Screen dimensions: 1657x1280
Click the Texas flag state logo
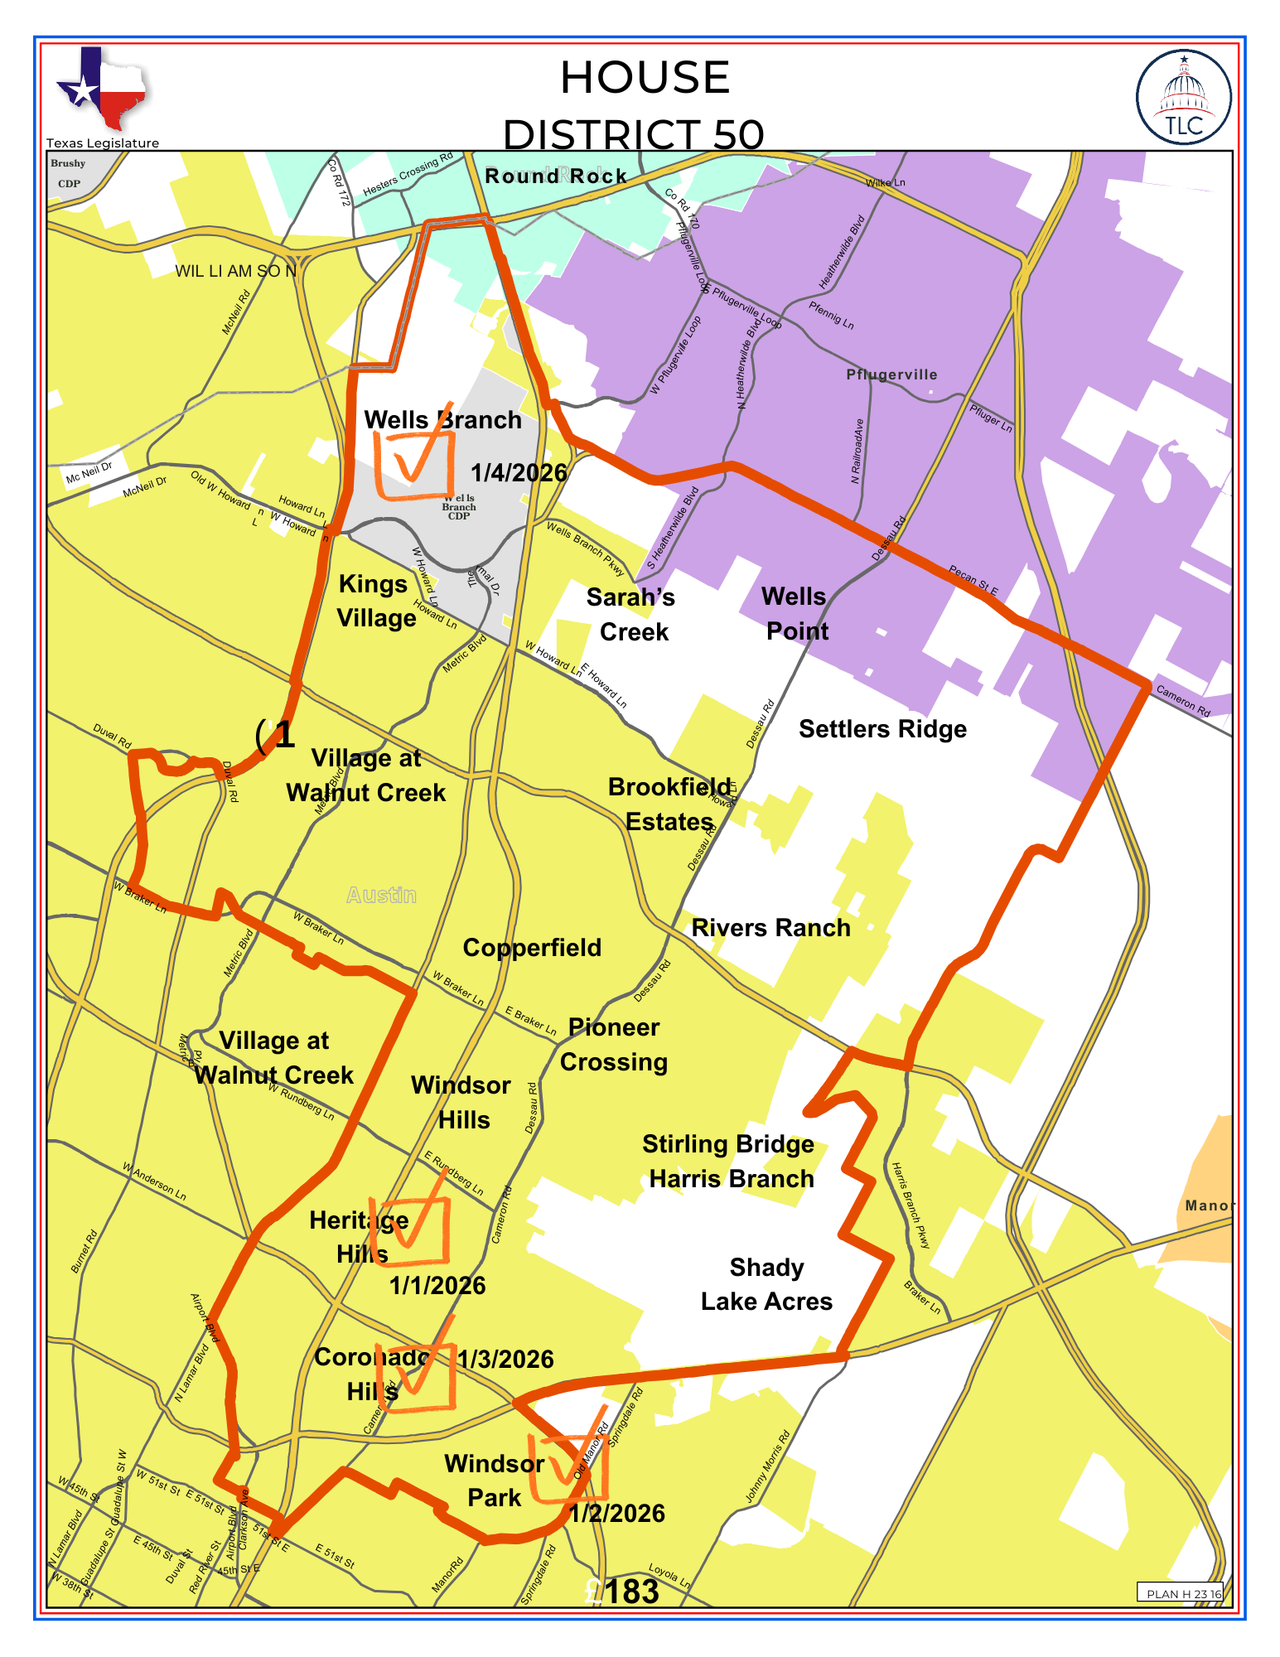[x=101, y=89]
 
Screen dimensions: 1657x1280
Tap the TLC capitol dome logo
[x=1183, y=97]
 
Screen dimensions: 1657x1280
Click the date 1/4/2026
[x=519, y=473]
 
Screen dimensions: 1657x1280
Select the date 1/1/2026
[x=437, y=1286]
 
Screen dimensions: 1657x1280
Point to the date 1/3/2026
[x=506, y=1360]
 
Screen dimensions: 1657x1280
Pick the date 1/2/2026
[x=617, y=1514]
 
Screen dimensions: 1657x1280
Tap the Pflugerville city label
[x=891, y=374]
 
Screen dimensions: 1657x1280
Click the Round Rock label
[x=556, y=176]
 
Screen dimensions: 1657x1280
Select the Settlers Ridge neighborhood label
[x=882, y=729]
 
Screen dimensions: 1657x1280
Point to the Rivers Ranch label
[x=770, y=928]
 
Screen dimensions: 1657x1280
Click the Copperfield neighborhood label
[x=532, y=948]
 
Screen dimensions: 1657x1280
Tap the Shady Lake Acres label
[x=766, y=1284]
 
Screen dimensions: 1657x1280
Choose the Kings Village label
[x=376, y=601]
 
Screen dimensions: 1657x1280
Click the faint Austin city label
[x=381, y=895]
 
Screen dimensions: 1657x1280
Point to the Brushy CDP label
[x=69, y=173]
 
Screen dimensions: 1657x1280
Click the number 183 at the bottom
[x=632, y=1592]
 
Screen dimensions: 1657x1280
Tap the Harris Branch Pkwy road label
[x=911, y=1205]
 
